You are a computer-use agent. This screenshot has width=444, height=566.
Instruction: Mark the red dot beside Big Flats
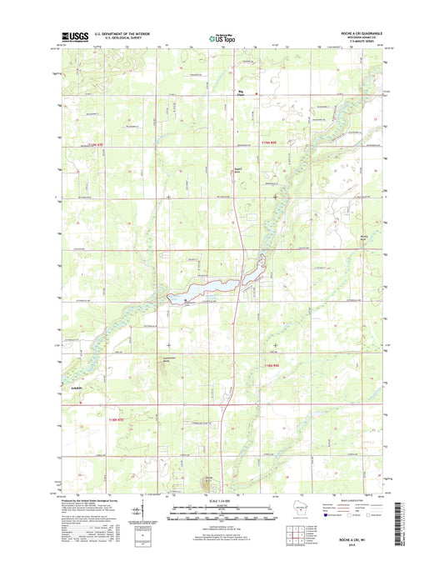[257, 93]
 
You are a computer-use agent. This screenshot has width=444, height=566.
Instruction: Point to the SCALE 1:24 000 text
[222, 498]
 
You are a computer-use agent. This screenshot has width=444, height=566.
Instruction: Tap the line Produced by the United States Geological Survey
[92, 498]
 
